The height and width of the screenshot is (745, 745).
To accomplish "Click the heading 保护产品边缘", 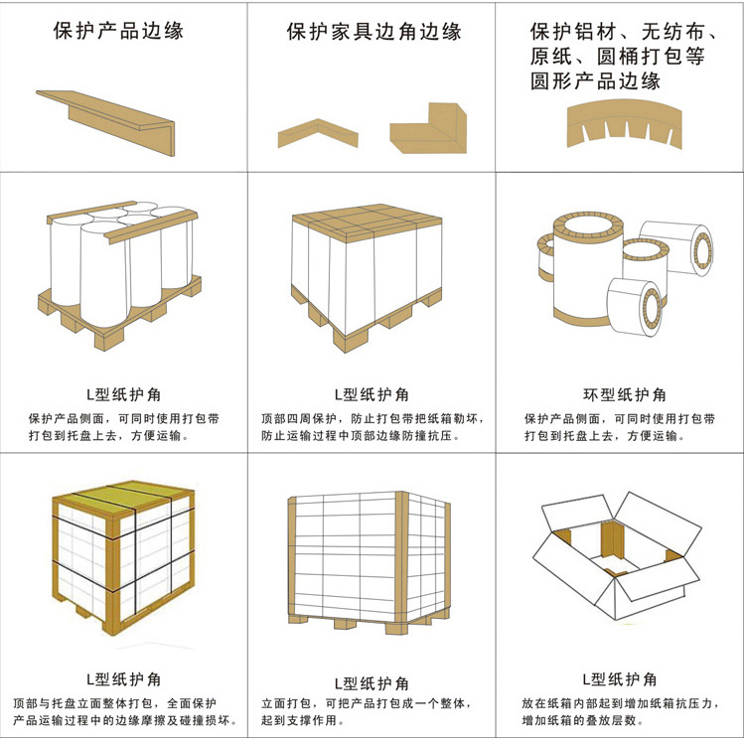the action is click(118, 31).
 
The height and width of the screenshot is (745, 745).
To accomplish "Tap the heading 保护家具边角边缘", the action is click(373, 32).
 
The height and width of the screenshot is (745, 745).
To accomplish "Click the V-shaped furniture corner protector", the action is click(318, 133).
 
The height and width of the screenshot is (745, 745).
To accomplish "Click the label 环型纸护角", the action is click(625, 394).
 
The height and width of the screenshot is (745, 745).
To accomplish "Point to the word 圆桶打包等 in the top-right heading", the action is click(651, 57).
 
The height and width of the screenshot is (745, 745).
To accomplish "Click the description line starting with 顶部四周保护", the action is click(372, 418).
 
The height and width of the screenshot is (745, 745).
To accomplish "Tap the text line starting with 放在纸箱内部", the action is click(621, 703).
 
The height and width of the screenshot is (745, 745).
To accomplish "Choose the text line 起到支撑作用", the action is click(303, 720).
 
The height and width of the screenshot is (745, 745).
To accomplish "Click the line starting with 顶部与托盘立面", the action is click(114, 703).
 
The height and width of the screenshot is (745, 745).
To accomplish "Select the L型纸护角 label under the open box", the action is click(620, 679).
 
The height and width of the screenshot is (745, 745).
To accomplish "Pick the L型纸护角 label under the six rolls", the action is click(123, 394).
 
